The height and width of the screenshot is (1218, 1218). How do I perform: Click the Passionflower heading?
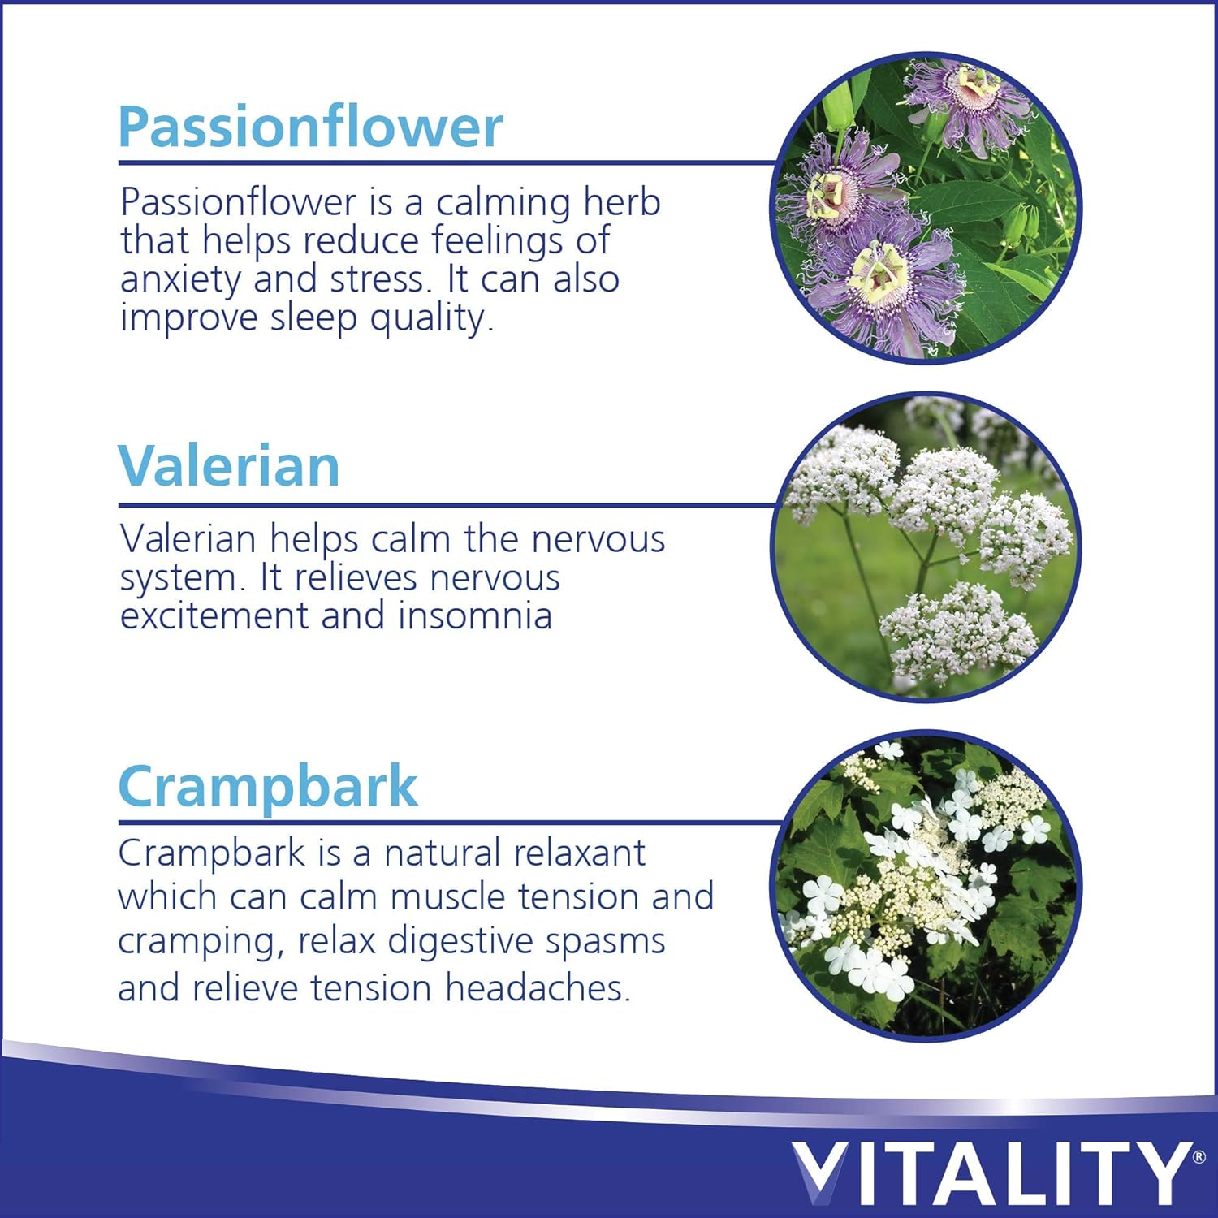point(310,127)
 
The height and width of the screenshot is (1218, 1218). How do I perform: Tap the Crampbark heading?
point(268,787)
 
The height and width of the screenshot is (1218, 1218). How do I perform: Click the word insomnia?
point(475,615)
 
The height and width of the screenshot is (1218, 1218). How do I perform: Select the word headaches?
point(538,988)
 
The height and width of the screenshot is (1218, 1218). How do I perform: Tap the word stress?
point(381,279)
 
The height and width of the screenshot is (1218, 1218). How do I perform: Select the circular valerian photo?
point(926,546)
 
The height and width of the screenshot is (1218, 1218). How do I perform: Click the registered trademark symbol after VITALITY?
point(1199,1155)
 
